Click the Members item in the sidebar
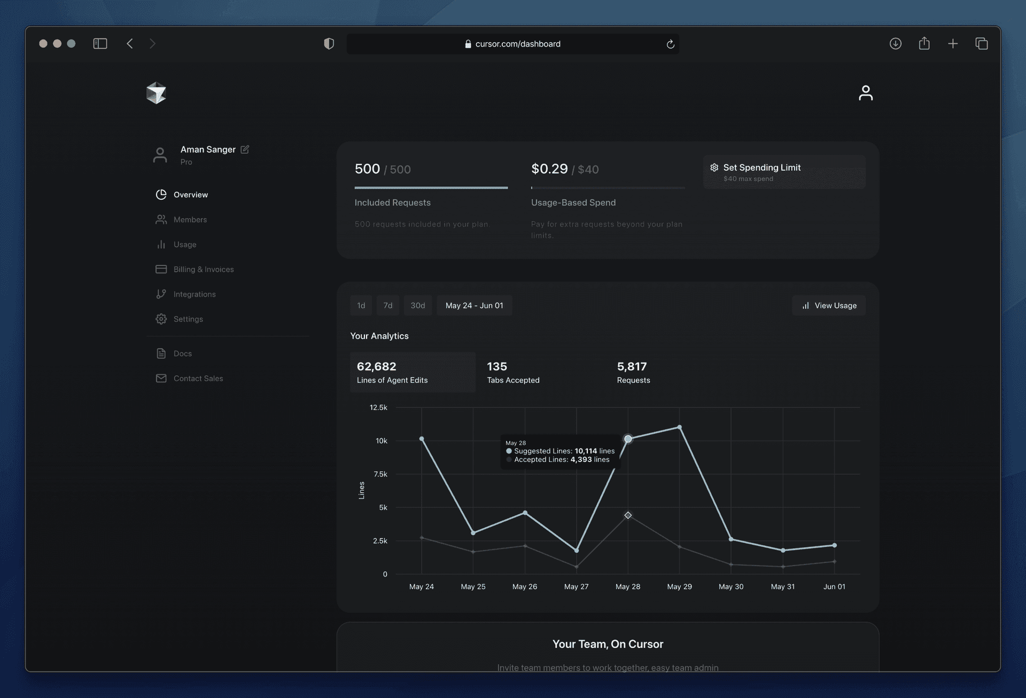click(x=190, y=219)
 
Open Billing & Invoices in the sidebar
click(x=203, y=269)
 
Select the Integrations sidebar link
click(x=194, y=294)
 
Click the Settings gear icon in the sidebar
click(x=161, y=319)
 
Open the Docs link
click(x=182, y=354)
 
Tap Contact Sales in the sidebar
click(x=198, y=378)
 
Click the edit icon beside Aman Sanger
click(x=245, y=150)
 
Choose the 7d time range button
click(x=388, y=305)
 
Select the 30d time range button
click(x=417, y=305)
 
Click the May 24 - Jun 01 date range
click(x=474, y=305)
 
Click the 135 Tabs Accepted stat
click(x=513, y=372)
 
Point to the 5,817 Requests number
click(x=632, y=366)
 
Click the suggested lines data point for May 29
click(x=679, y=427)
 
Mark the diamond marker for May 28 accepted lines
click(x=628, y=515)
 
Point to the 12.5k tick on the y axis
click(x=378, y=407)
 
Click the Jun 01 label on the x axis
click(x=834, y=586)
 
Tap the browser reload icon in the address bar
click(x=670, y=44)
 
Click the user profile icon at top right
click(x=865, y=93)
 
